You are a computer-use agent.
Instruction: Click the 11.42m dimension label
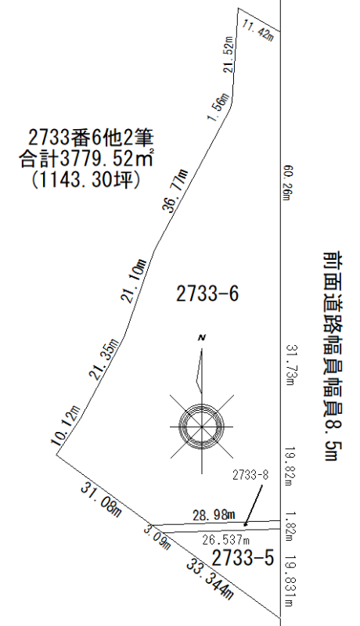(257, 30)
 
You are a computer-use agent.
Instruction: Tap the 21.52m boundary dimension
(229, 54)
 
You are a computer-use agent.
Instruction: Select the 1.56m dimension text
(218, 106)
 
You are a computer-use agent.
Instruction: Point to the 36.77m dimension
(175, 191)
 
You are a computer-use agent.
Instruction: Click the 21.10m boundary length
(133, 281)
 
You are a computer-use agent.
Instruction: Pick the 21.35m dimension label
(103, 358)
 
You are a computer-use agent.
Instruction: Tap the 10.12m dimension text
(65, 425)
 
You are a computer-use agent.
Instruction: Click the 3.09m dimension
(157, 538)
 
